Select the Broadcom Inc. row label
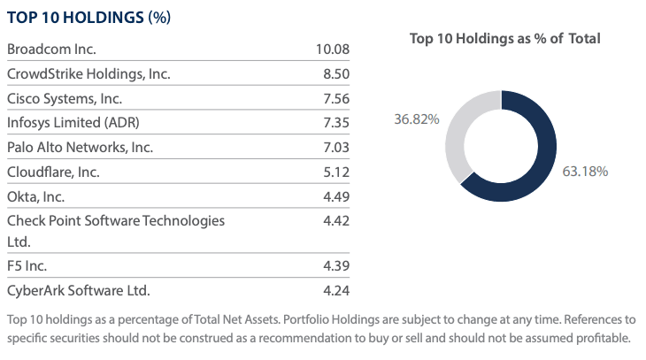tap(51, 49)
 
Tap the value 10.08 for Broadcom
tap(333, 49)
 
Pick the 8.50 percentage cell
tap(336, 73)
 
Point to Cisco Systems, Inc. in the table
tap(65, 98)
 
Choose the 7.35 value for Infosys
tap(336, 122)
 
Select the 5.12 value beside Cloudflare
tap(336, 172)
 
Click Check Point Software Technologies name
tap(115, 220)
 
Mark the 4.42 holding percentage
tap(336, 220)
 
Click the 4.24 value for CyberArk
tap(336, 290)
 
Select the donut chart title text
tap(504, 39)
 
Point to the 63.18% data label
tap(585, 171)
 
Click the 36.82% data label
tap(417, 119)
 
